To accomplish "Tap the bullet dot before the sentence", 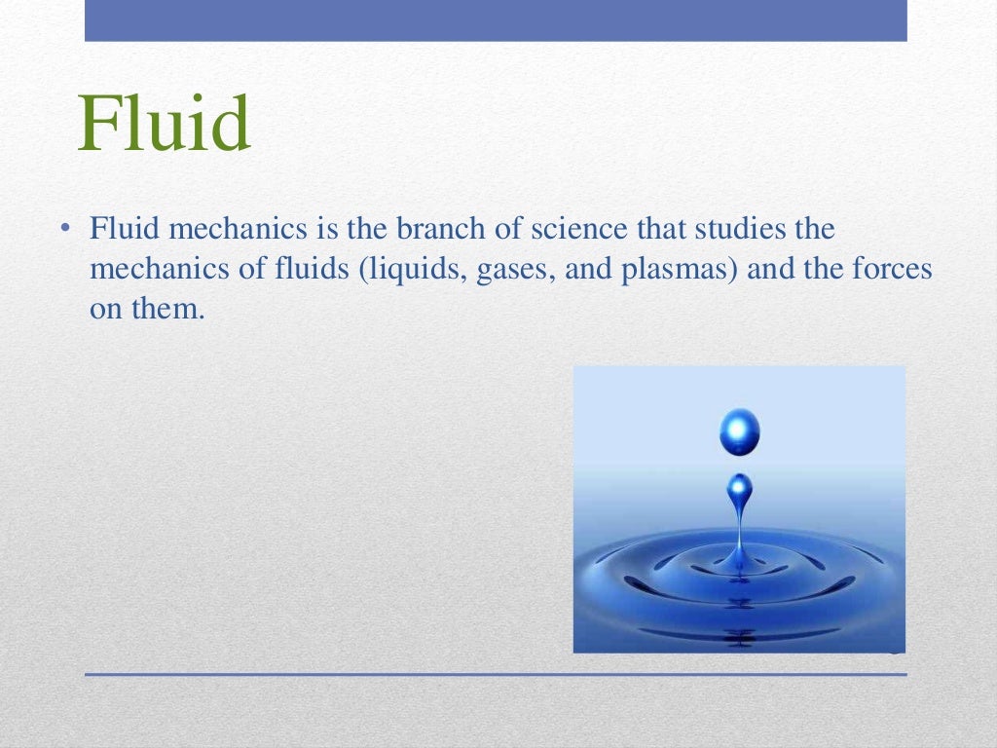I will point(63,230).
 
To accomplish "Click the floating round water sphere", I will point(740,431).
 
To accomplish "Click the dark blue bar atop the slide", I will point(496,20).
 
